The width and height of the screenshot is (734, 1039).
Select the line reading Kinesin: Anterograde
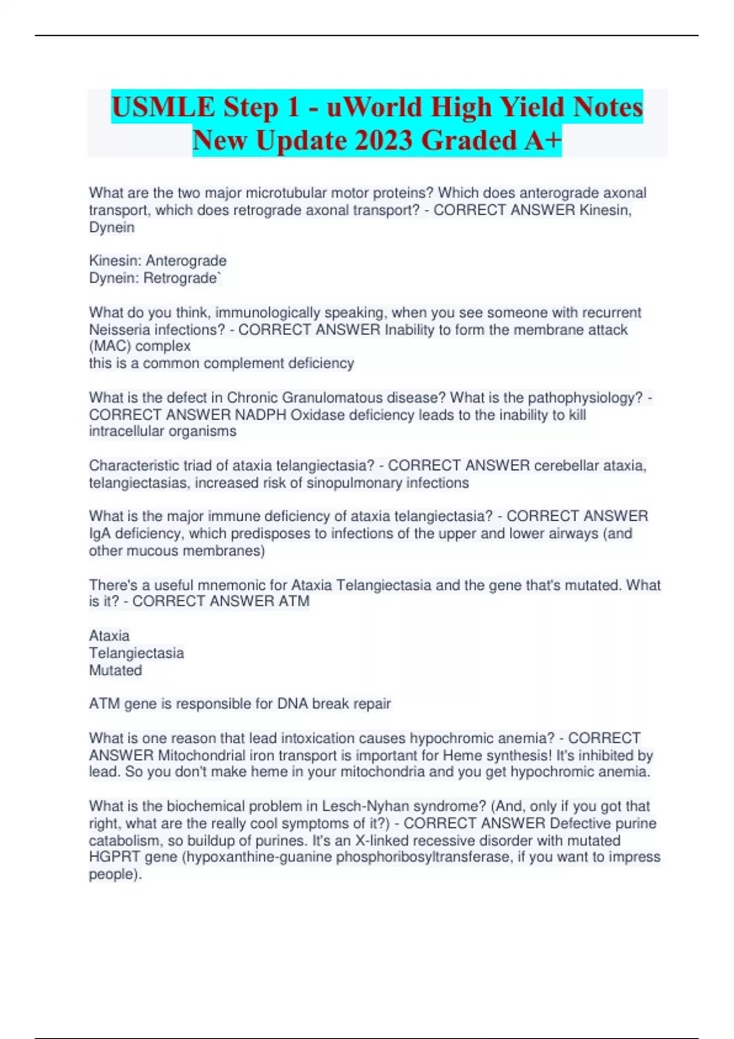(x=158, y=260)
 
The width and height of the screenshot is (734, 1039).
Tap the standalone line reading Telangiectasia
(x=136, y=653)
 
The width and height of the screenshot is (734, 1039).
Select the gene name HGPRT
(x=114, y=857)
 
